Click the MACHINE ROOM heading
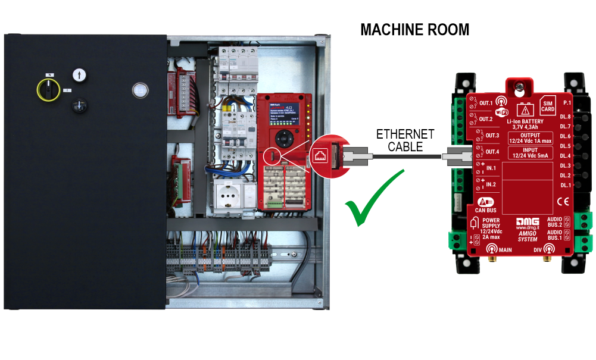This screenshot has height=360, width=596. point(414,30)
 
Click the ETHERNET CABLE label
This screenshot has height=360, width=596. point(405,140)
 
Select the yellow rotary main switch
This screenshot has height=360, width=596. point(49,89)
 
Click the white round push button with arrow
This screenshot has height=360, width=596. point(79,75)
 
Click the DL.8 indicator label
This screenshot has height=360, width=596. point(566,117)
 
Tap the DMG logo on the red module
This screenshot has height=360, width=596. point(527,220)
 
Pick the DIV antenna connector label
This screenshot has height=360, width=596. point(538,251)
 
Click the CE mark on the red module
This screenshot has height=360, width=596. point(563,202)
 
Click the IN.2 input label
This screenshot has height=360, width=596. point(491,184)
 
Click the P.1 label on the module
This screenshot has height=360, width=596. point(566,103)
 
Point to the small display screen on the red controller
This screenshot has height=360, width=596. point(277,111)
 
